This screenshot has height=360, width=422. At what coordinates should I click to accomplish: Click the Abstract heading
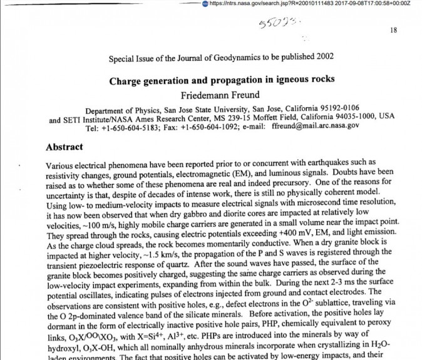point(73,147)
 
